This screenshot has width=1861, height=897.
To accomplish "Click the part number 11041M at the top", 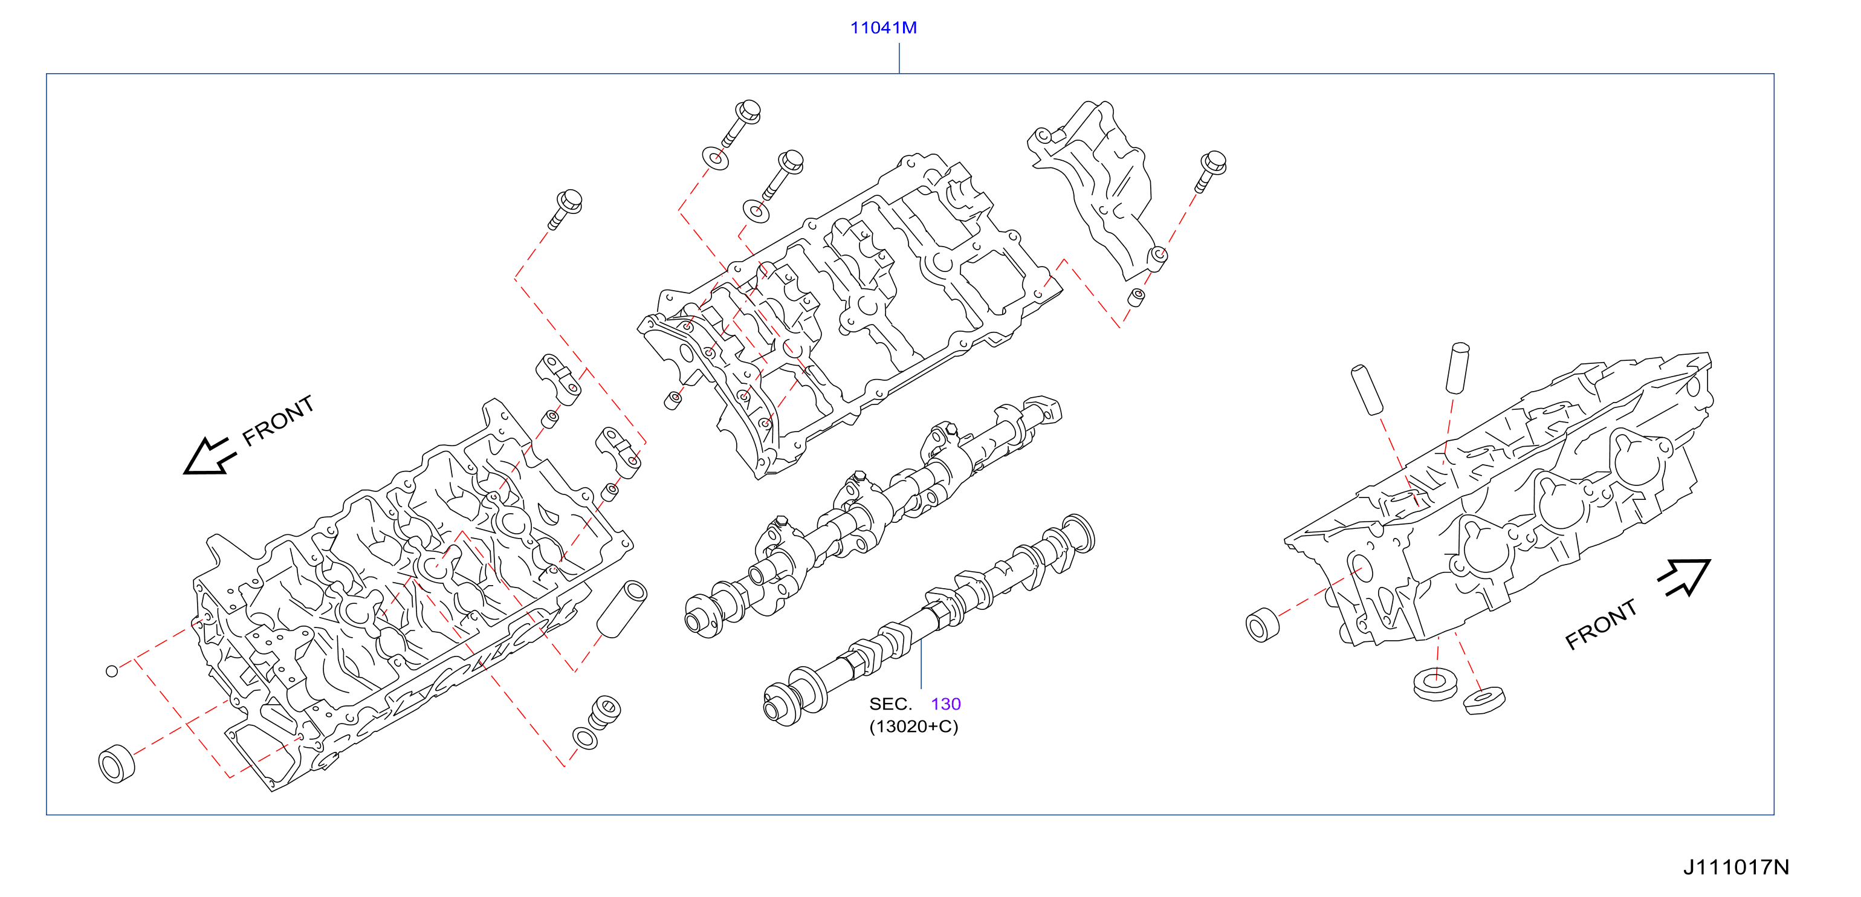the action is tap(883, 27).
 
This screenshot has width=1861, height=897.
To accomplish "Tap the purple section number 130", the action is tap(946, 704).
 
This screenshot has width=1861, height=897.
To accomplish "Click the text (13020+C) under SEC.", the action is tap(913, 727).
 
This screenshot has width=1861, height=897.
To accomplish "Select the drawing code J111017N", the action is tap(1736, 867).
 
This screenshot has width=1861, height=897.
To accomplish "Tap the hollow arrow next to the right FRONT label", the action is tap(1684, 577).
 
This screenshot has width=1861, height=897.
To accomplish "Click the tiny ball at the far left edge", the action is tap(111, 671).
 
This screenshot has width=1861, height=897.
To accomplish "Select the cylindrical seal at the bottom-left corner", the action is tap(116, 762).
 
